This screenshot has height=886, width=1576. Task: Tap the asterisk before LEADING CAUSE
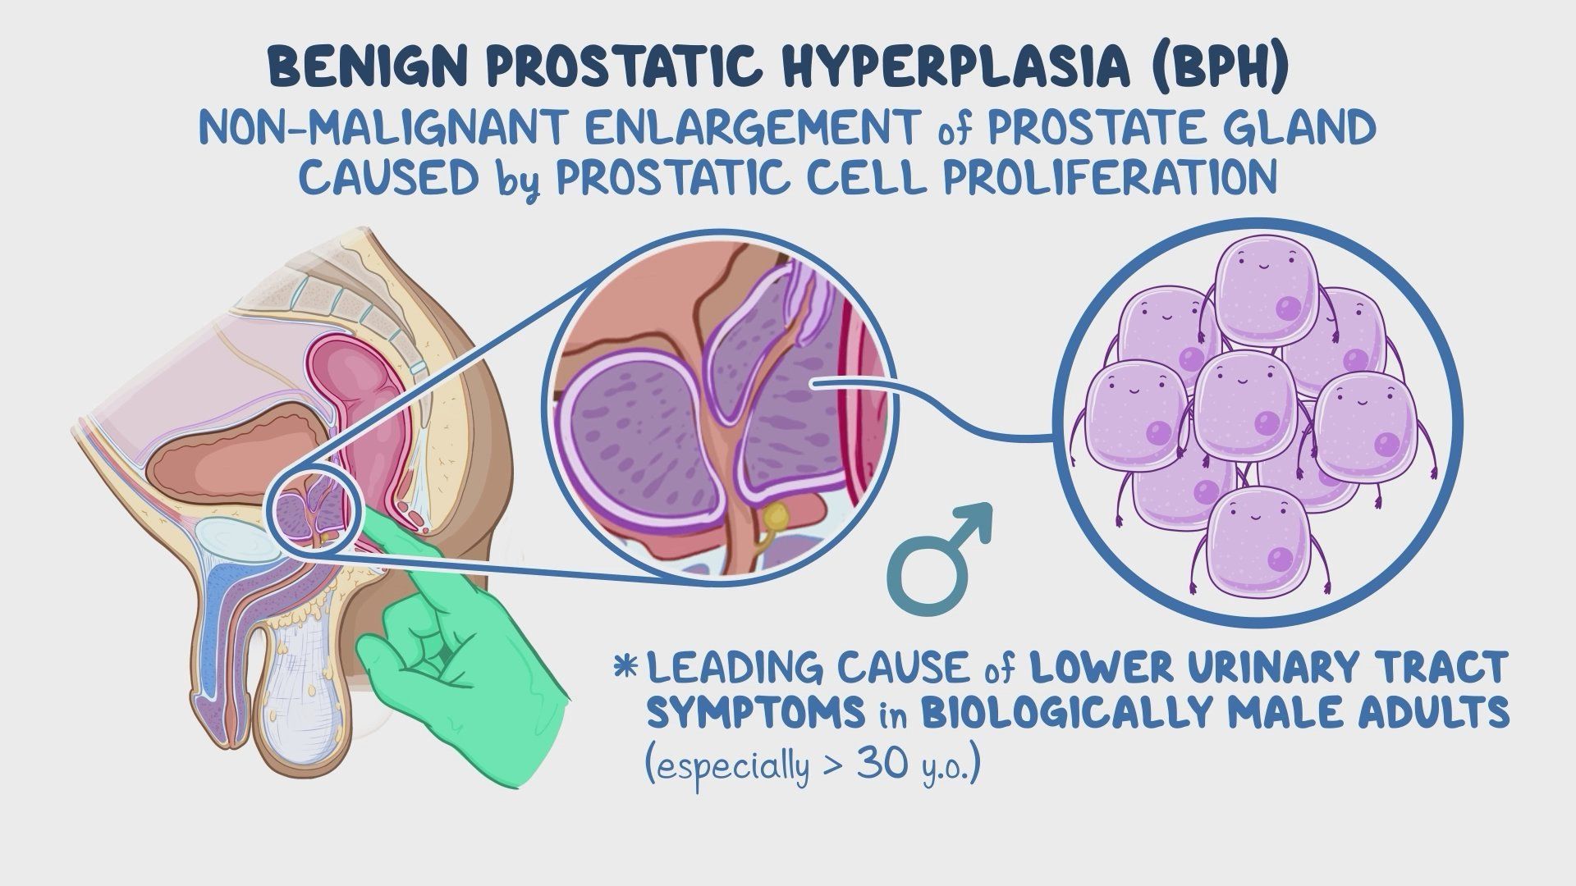pyautogui.click(x=625, y=666)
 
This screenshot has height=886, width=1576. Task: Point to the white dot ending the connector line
pyautogui.click(x=813, y=383)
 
